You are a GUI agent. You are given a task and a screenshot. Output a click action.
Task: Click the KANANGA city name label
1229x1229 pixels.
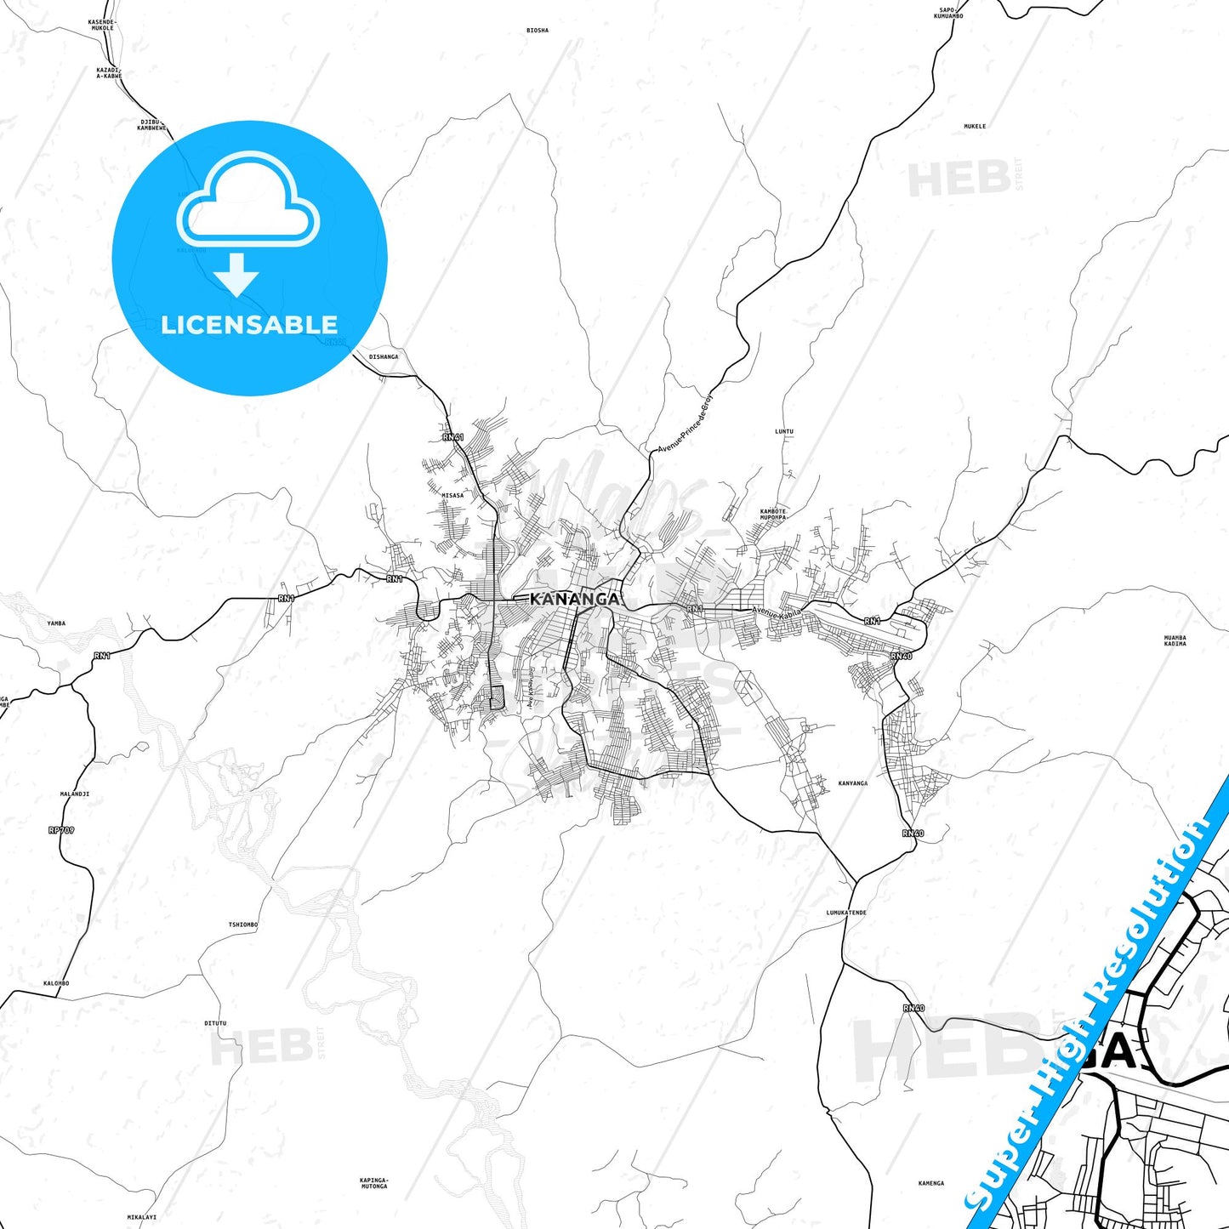pos(574,599)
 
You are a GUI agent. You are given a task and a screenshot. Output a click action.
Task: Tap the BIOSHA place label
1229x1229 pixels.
pos(538,31)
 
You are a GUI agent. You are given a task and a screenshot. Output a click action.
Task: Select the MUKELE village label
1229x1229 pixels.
pos(975,127)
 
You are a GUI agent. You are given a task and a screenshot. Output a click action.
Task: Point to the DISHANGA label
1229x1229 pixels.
pos(384,357)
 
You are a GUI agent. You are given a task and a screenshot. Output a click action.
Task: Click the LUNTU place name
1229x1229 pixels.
pos(783,432)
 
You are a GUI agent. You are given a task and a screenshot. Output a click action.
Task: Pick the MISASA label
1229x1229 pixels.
pos(452,495)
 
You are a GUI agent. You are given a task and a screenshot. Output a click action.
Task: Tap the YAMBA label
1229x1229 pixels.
pos(56,623)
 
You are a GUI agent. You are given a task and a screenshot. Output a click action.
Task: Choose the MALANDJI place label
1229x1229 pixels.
pos(75,794)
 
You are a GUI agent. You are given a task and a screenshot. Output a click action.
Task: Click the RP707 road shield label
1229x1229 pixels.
pos(61,829)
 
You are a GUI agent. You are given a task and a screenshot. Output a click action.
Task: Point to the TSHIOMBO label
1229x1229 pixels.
pos(243,925)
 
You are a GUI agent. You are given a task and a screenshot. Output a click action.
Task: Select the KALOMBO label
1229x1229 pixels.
pos(56,983)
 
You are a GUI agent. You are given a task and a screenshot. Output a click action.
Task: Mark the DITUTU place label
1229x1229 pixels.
pos(215,1023)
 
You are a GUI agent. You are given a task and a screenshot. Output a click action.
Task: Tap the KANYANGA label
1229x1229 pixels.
pos(852,783)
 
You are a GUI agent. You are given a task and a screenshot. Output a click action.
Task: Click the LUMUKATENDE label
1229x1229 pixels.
pos(846,913)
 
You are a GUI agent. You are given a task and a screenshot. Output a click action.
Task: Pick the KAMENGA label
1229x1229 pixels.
pos(931,1183)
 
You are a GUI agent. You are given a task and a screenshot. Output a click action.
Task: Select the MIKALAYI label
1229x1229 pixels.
pos(142,1217)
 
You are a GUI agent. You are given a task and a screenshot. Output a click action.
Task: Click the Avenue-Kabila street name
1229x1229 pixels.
pos(777,612)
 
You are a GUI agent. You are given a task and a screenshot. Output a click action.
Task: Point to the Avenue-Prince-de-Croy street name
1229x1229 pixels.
pos(686,423)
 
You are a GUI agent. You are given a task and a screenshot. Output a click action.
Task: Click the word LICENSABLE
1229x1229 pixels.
pos(249,325)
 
